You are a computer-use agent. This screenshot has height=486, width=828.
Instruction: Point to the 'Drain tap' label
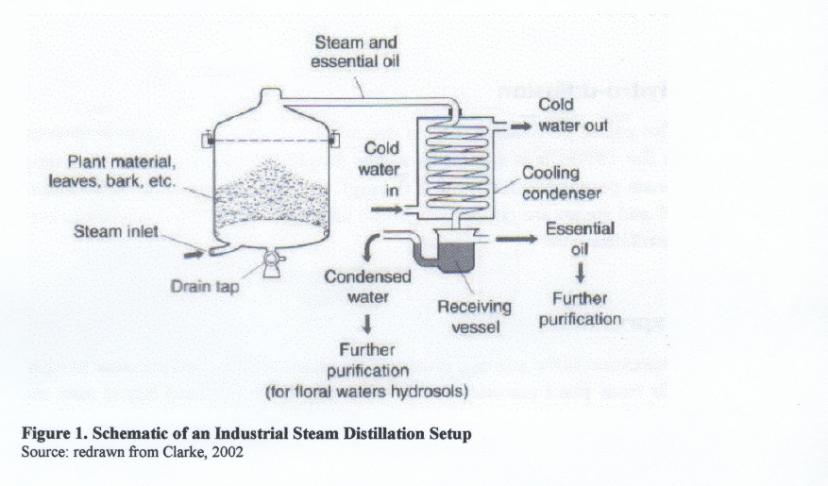(205, 286)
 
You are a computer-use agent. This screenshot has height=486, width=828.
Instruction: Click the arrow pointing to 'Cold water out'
(517, 125)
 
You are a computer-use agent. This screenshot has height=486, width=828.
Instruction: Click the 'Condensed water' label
(367, 287)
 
